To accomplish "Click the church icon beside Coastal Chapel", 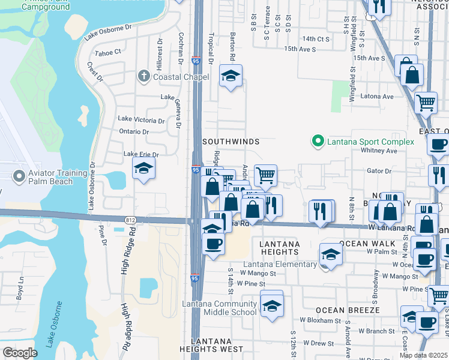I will pos(143,76).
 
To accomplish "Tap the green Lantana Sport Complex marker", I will pos(317,142).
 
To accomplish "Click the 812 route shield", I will pos(130,220).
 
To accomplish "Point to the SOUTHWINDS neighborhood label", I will pos(231,142).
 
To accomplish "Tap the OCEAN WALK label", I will pos(367,244).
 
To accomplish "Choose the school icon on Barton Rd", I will pos(230,76).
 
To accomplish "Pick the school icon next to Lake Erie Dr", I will pos(143,169).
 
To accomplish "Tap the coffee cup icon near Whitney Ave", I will pos(438,145).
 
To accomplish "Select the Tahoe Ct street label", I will pos(108,53).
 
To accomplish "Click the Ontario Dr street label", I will pos(134,131).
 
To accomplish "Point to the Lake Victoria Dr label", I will pos(141,120).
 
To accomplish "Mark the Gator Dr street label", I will pos(379,171).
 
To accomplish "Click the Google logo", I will pos(20,353).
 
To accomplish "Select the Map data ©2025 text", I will pos(423,355).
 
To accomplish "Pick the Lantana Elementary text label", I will pos(280,265).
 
